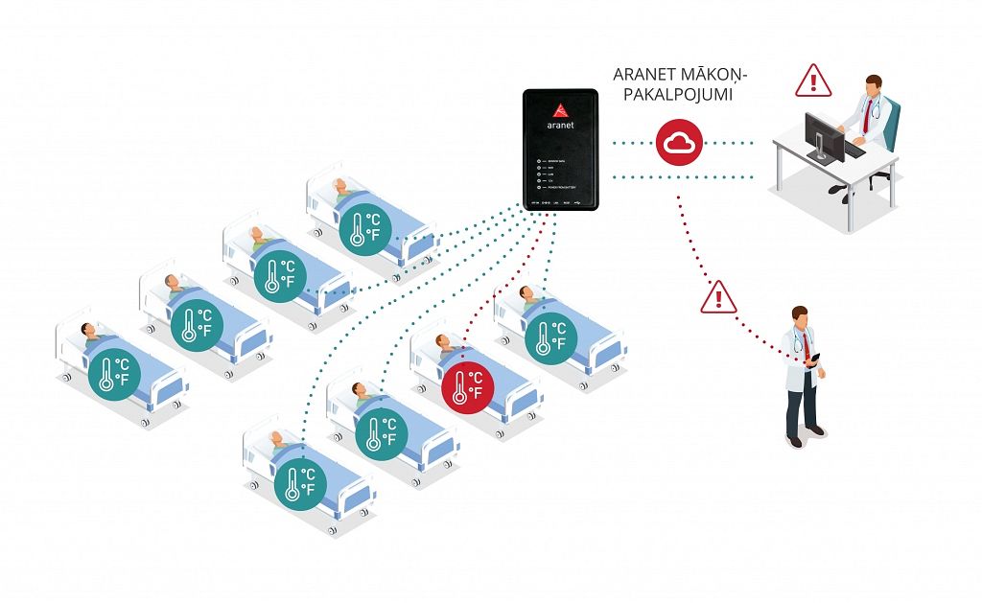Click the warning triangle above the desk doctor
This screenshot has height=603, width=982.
pyautogui.click(x=813, y=81)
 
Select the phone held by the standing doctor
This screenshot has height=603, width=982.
pyautogui.click(x=817, y=359)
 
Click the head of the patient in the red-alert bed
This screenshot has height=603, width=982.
pyautogui.click(x=443, y=341)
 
